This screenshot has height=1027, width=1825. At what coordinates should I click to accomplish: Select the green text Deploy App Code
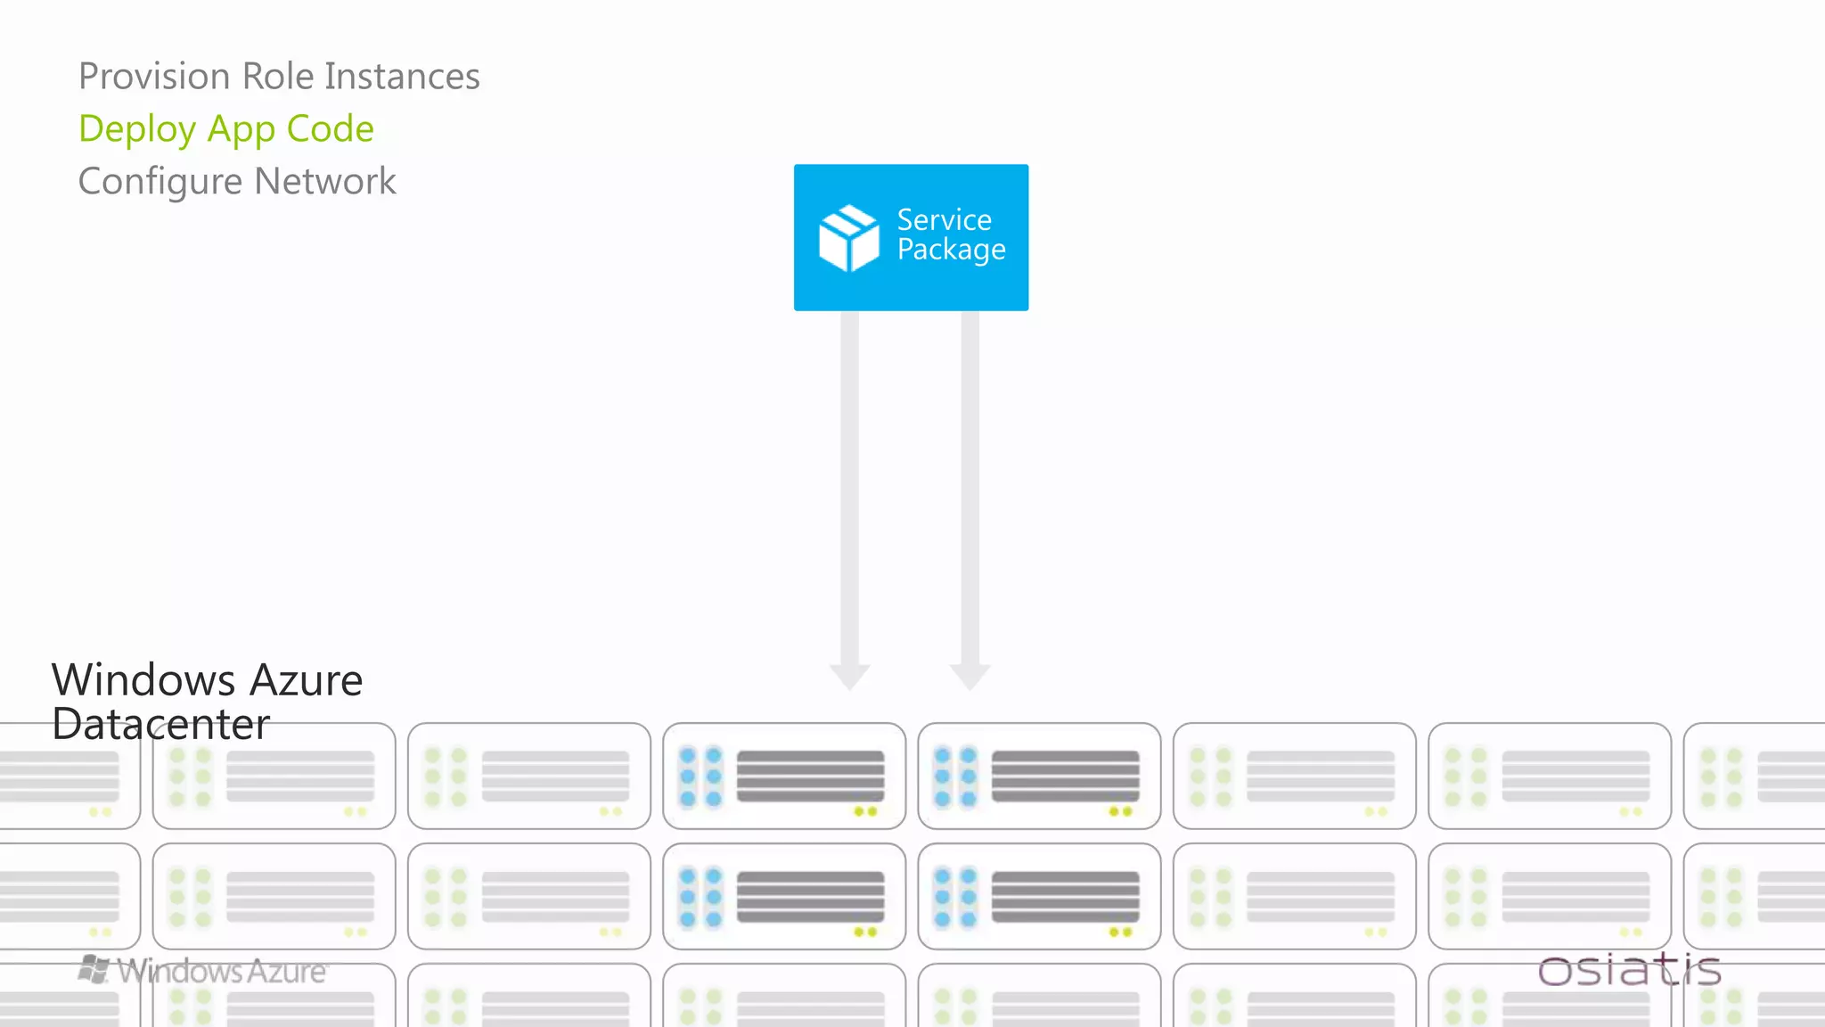(226, 129)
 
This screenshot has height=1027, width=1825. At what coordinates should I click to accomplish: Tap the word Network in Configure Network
(324, 181)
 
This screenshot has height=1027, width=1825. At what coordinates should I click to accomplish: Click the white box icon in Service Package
(848, 237)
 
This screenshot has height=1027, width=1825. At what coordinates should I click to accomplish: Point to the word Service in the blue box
(944, 219)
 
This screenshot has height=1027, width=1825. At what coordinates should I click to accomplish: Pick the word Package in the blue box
(951, 250)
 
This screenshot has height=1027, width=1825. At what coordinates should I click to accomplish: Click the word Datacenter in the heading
(160, 724)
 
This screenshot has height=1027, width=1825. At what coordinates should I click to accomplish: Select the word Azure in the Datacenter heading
(306, 680)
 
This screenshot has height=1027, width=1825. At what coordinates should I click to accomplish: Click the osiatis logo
(1629, 970)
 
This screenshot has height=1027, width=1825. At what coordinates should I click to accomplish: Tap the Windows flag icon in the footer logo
(94, 969)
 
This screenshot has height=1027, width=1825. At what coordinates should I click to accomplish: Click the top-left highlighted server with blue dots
(784, 776)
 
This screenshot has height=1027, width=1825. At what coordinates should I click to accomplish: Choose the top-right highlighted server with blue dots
(1039, 776)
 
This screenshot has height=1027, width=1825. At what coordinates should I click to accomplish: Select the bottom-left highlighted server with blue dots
(784, 896)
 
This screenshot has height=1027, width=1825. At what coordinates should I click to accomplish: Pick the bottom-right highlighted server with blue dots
(1039, 896)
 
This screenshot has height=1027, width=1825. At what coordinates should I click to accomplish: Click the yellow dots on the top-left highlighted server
(865, 811)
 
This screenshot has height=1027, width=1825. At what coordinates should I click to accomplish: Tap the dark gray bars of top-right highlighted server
(1065, 775)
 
